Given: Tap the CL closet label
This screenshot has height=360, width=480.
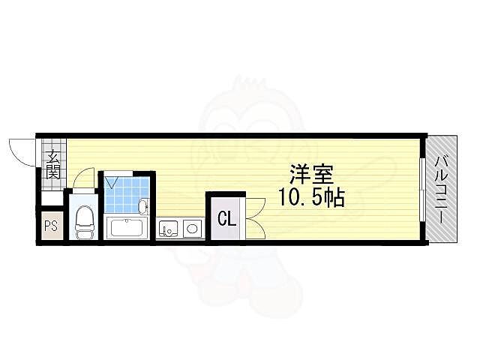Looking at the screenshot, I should (225, 220).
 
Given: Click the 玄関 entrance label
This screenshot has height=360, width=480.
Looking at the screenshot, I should (54, 164).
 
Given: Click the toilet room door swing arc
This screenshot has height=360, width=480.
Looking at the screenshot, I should (85, 178).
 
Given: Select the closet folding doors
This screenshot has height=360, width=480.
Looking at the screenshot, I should (252, 214).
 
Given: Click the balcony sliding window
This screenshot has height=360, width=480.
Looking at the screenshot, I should (422, 189).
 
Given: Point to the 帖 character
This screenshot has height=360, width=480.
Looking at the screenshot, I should (334, 199).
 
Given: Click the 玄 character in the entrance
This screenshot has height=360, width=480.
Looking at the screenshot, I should (54, 157).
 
